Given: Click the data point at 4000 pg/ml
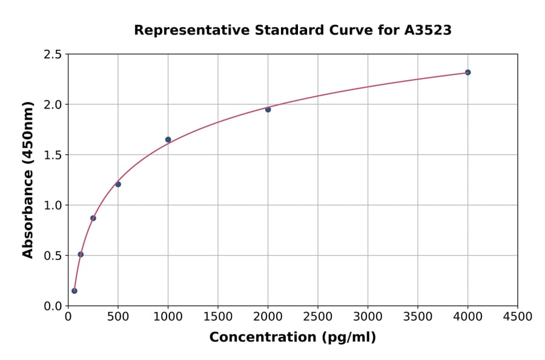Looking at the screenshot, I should tap(467, 72).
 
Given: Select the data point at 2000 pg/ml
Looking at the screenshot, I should tap(268, 110).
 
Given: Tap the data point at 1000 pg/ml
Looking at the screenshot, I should tap(168, 139).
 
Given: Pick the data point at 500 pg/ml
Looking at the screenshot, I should tap(118, 184).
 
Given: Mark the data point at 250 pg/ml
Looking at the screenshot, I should tap(93, 218).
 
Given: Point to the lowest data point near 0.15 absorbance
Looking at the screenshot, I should tap(74, 291).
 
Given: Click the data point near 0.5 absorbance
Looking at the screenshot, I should tap(81, 255).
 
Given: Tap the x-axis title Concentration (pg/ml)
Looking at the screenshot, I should tap(292, 338).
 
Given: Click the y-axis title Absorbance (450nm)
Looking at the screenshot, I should tap(28, 180).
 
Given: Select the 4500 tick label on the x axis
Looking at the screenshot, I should tap(517, 317).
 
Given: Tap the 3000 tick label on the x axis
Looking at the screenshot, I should tap(368, 317).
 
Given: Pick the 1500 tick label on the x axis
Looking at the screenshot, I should tap(218, 317).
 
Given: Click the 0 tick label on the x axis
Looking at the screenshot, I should tap(68, 317).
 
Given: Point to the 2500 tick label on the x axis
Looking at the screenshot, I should tap(318, 317).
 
